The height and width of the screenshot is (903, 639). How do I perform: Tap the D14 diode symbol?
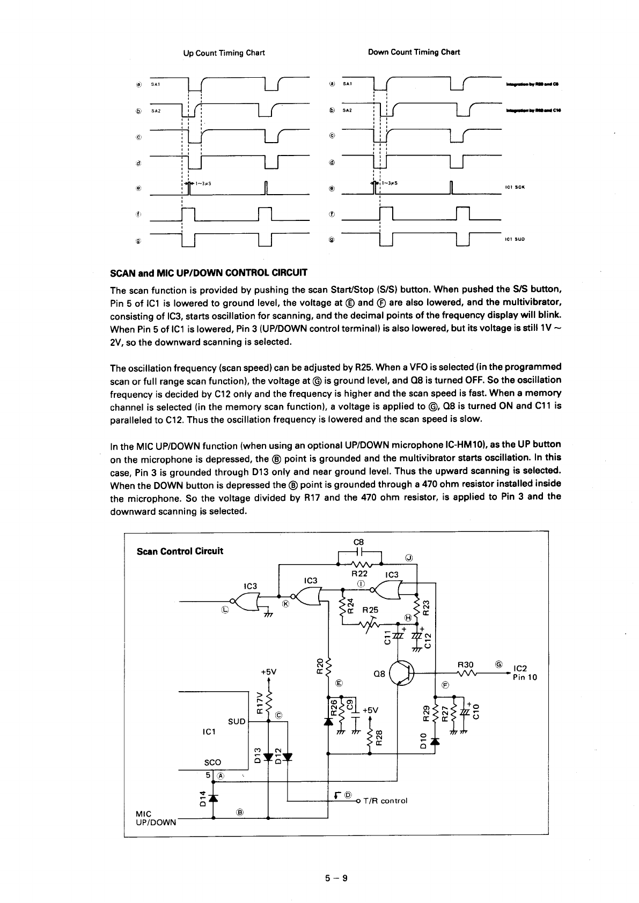click(x=214, y=797)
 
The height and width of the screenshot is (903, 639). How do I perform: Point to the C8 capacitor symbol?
click(x=359, y=551)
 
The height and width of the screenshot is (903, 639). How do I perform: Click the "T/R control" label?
click(x=385, y=801)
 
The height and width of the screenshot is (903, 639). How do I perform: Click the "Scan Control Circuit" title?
click(x=180, y=551)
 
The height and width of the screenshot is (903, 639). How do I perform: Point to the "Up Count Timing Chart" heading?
click(x=224, y=53)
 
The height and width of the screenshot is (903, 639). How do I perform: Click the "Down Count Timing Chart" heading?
click(x=414, y=52)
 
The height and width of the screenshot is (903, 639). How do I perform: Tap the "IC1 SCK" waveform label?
click(x=515, y=187)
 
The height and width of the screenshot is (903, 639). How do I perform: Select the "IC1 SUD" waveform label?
click(x=515, y=239)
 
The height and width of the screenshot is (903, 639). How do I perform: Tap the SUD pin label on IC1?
click(x=237, y=721)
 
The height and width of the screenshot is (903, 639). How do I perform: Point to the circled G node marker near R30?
click(x=498, y=664)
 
